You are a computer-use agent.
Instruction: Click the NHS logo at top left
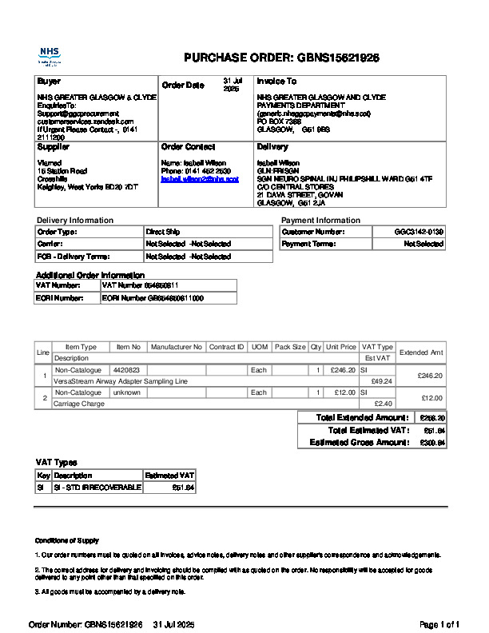click(x=49, y=56)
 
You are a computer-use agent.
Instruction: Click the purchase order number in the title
click(x=338, y=58)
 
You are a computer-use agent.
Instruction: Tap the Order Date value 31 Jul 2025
click(x=231, y=86)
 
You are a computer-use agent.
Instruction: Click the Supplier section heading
click(x=54, y=147)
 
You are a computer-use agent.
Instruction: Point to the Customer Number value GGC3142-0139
click(x=419, y=232)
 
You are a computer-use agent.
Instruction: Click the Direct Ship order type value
click(x=161, y=232)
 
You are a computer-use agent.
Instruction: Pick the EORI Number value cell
click(x=153, y=298)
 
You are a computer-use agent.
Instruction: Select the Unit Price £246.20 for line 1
click(x=342, y=370)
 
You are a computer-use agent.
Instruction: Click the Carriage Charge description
click(x=79, y=404)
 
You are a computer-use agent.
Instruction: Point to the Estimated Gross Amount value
click(x=432, y=442)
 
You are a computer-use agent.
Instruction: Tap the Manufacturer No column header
click(x=177, y=347)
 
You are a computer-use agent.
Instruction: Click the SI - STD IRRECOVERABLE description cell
click(x=97, y=487)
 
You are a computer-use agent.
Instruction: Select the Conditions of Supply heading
click(x=67, y=541)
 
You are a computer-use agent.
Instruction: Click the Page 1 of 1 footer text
click(x=439, y=624)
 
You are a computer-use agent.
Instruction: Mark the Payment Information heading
click(x=320, y=220)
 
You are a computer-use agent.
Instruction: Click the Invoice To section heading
click(x=276, y=82)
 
